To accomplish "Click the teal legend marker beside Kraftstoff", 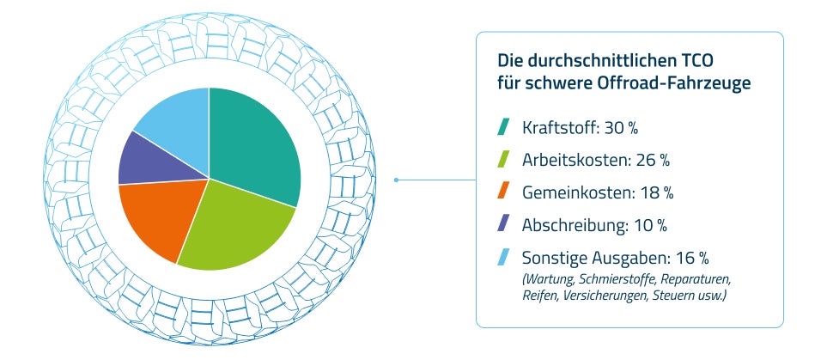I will pos(504,128).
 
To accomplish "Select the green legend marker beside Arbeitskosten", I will pos(504,160).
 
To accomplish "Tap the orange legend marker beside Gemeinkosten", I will pos(504,192).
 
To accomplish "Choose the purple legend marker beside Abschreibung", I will pos(504,224).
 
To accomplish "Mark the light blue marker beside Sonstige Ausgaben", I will pos(504,256).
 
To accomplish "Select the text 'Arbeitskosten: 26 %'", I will pos(596,160).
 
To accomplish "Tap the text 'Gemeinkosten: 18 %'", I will pos(595,192).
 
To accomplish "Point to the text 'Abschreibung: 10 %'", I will pos(594,224).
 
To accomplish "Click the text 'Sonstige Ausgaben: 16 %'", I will pos(616,257).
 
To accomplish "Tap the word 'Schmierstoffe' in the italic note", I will pos(617,280).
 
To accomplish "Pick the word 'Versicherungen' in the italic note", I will pos(607,296).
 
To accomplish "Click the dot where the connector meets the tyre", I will pos(396,180).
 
